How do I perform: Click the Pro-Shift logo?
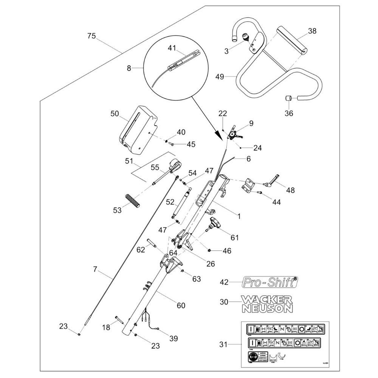[x=269, y=282]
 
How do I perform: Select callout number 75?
[x=91, y=36]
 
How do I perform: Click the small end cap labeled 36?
[x=288, y=98]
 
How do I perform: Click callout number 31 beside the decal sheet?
[x=223, y=344]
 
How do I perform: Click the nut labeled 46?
[x=209, y=250]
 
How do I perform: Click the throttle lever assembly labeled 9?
[x=237, y=133]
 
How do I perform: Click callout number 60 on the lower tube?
[x=181, y=305]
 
